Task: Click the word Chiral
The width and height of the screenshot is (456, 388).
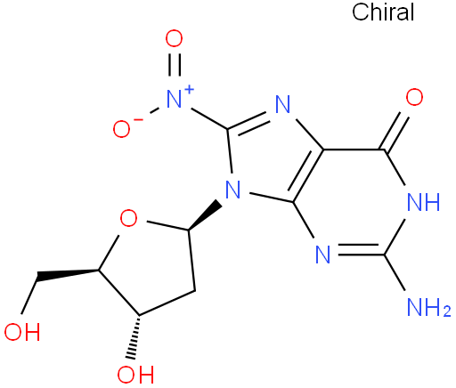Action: pyautogui.click(x=383, y=12)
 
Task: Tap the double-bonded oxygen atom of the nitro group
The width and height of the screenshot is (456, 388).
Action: pyautogui.click(x=174, y=38)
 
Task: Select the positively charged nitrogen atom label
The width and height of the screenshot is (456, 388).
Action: pyautogui.click(x=174, y=99)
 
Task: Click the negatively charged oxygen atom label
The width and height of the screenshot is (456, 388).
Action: pyautogui.click(x=121, y=129)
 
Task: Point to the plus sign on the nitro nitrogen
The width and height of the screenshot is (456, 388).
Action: pyautogui.click(x=189, y=89)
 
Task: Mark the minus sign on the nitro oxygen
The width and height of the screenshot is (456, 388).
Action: pyautogui.click(x=139, y=119)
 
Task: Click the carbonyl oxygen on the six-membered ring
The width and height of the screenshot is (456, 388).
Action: pyautogui.click(x=414, y=97)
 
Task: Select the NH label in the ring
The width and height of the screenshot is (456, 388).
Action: pyautogui.click(x=424, y=202)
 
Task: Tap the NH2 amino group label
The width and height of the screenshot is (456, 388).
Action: pyautogui.click(x=429, y=307)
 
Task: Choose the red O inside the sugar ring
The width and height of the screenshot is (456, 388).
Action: pyautogui.click(x=128, y=218)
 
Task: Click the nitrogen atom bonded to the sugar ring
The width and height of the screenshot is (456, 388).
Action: pyautogui.click(x=232, y=190)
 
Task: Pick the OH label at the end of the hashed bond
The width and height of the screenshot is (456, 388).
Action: pyautogui.click(x=135, y=375)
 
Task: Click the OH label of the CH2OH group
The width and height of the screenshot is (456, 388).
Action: pyautogui.click(x=22, y=332)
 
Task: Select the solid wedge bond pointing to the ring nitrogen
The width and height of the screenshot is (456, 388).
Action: pyautogui.click(x=204, y=215)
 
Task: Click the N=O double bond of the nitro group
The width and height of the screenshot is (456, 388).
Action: pyautogui.click(x=175, y=65)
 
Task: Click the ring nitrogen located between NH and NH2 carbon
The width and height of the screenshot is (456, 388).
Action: pyautogui.click(x=322, y=255)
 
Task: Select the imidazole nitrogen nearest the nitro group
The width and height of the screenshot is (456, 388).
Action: pyautogui.click(x=282, y=104)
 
